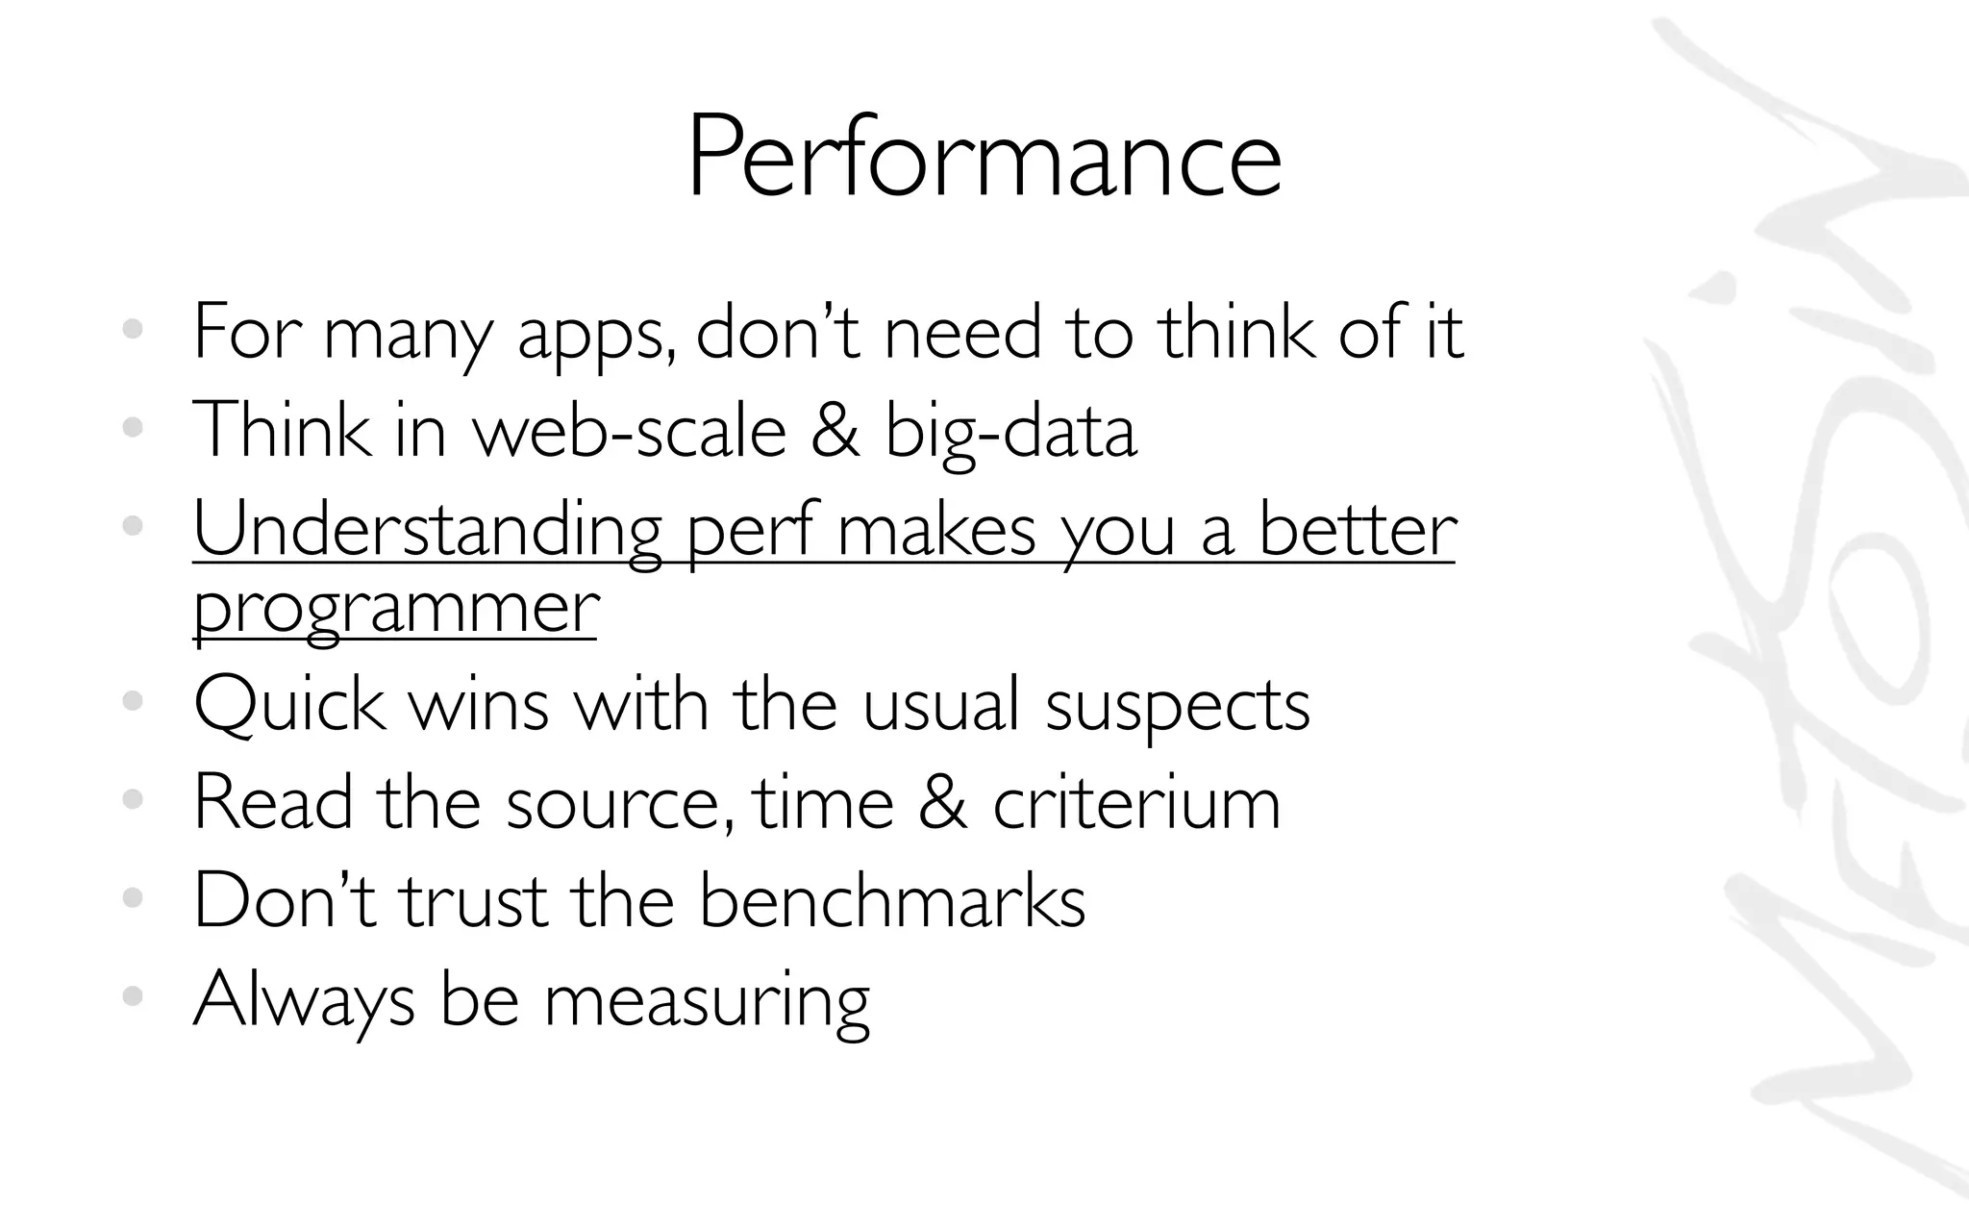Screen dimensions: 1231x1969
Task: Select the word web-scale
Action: [630, 432]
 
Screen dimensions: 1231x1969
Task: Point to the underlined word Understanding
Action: [428, 532]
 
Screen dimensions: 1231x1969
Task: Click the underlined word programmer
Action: [396, 609]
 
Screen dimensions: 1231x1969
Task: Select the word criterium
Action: [1136, 803]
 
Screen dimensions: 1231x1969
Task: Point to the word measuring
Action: [707, 1001]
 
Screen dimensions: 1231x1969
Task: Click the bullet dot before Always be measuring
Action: [133, 996]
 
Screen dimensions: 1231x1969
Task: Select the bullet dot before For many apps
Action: [133, 330]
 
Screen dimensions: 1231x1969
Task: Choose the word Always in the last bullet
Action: [304, 1000]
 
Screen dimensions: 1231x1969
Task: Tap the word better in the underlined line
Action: [1358, 531]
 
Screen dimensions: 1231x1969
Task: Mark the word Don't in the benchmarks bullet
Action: [285, 900]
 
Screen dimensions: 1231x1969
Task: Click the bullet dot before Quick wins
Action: [133, 701]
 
